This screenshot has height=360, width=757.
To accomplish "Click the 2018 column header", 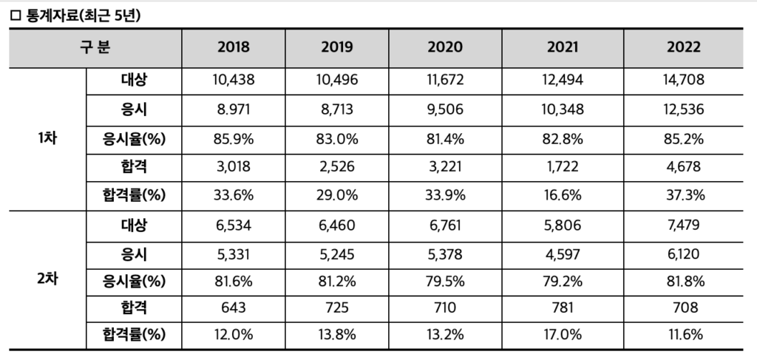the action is (234, 47).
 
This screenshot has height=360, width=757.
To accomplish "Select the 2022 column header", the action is (684, 47).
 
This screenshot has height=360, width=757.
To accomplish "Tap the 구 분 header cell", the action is (95, 47).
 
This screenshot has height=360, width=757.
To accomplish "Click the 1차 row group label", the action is (47, 139).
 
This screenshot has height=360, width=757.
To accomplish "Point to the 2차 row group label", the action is (47, 279).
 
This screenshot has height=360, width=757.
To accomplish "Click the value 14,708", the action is (684, 80).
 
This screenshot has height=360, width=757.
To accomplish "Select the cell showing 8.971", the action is (234, 109).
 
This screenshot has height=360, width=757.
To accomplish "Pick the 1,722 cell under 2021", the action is (563, 167).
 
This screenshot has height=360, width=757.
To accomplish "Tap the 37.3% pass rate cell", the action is (684, 195).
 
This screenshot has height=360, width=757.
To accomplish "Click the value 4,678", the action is (684, 167).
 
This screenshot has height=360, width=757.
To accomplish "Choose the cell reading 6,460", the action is (337, 225).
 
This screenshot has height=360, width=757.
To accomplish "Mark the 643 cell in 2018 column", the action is (234, 307).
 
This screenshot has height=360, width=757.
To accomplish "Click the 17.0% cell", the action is (563, 334).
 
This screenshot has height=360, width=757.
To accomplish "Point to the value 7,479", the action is (684, 225).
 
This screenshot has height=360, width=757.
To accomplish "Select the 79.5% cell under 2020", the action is (445, 281).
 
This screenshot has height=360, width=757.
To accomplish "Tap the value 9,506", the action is (445, 109).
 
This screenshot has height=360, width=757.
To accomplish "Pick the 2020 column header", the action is (445, 47).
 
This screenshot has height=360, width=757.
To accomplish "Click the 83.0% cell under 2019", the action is (337, 139).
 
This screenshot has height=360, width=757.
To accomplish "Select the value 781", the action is (563, 307).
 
